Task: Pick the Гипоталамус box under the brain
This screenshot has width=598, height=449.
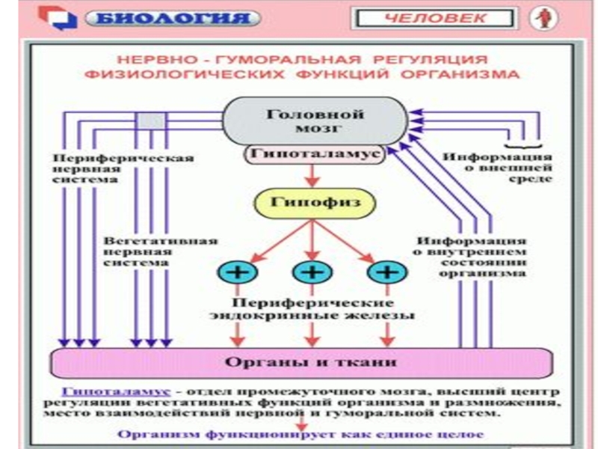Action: click(314, 154)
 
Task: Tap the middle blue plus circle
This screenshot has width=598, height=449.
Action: click(306, 272)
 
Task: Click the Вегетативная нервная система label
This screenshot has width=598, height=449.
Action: click(161, 252)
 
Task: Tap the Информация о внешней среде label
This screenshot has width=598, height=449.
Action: click(497, 168)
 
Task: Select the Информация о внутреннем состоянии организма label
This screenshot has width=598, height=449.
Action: click(471, 257)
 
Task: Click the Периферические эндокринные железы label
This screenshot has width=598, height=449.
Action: click(312, 310)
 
